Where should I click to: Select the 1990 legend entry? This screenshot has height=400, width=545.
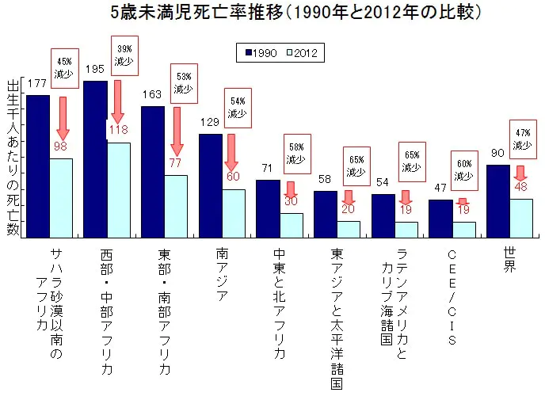coord(258,53)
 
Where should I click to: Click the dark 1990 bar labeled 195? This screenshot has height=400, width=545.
coord(95,158)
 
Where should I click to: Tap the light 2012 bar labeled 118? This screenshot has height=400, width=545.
coord(119,190)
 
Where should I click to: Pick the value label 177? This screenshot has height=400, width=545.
coord(36,84)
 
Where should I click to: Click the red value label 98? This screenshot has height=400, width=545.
coord(62,147)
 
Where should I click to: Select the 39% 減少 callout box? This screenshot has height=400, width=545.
coord(124,55)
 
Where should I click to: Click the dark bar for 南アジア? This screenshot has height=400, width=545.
coord(209,185)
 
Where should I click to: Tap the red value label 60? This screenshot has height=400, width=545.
coord(233,176)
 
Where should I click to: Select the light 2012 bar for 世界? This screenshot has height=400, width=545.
coord(520,218)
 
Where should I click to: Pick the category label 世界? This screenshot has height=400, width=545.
coord(510,261)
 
